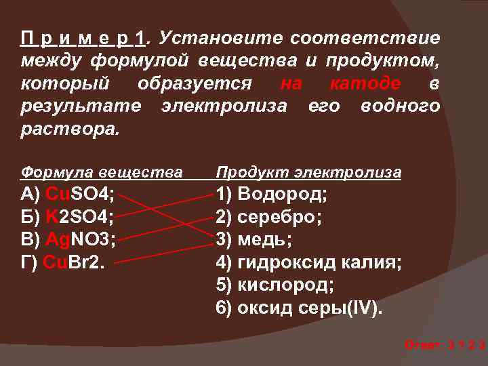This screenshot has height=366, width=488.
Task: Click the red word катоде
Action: (364, 84)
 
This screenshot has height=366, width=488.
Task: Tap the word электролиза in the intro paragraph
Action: (224, 106)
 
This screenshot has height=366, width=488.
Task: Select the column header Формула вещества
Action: (102, 172)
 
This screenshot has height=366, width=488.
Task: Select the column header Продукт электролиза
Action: (308, 172)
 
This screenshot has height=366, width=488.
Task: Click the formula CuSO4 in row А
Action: (79, 195)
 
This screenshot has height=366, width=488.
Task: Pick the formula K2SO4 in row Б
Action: (80, 218)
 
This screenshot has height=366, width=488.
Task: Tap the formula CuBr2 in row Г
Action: (74, 262)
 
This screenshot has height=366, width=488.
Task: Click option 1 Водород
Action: (271, 195)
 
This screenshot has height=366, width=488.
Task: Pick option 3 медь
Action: (254, 240)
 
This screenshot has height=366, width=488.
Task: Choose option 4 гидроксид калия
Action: (308, 262)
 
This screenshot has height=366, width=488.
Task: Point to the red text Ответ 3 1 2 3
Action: (444, 345)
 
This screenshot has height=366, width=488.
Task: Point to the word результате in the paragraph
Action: (81, 106)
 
